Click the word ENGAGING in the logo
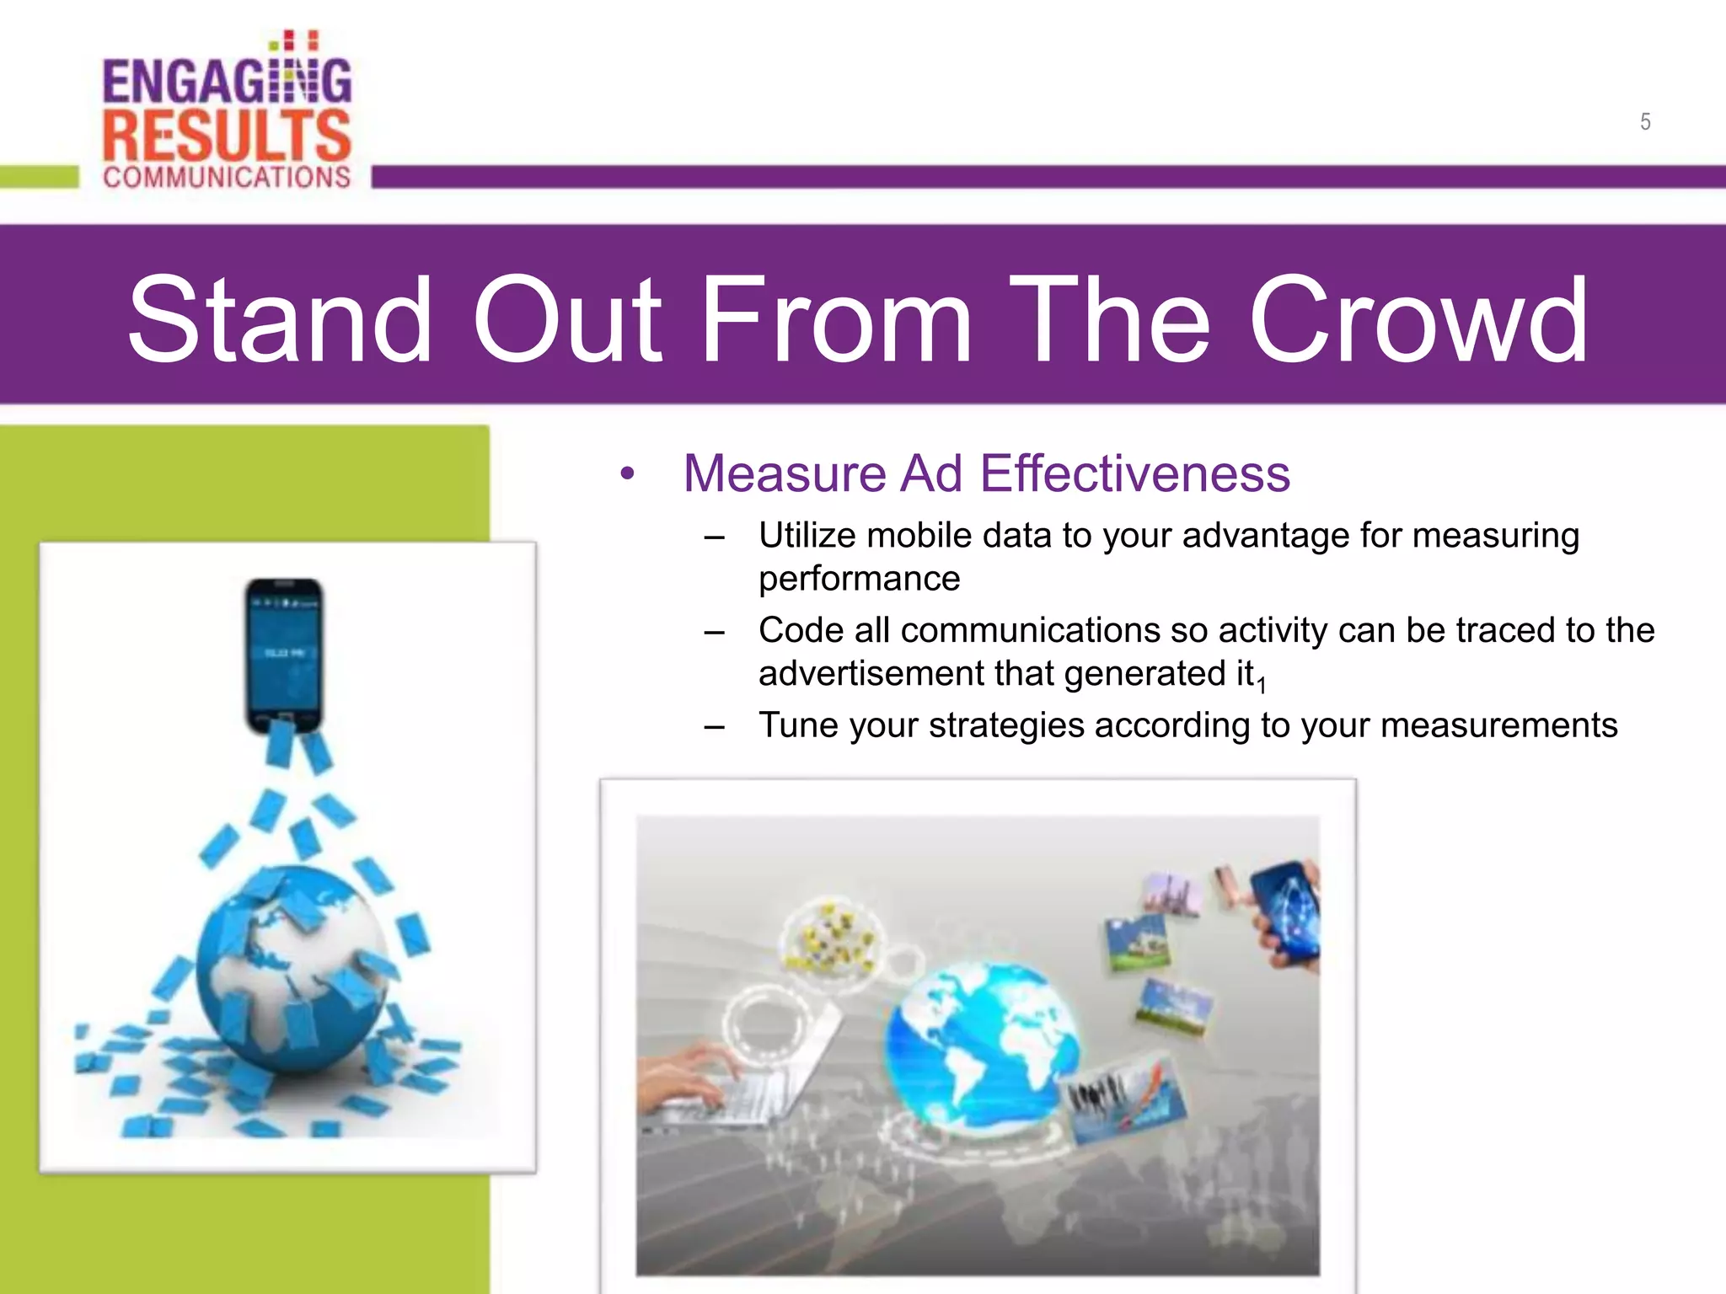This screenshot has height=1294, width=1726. (226, 81)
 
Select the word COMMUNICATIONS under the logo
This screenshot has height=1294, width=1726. (226, 177)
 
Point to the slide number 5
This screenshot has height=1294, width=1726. (1644, 122)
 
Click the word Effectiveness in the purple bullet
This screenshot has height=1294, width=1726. (1134, 473)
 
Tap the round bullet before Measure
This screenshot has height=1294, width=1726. (626, 474)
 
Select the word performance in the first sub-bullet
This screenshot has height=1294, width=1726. (859, 579)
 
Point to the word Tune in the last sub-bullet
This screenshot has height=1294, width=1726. (797, 725)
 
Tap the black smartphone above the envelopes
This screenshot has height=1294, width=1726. (284, 655)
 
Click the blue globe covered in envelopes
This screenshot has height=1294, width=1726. (287, 969)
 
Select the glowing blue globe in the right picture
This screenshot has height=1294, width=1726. (982, 1045)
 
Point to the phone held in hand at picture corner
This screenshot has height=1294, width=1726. (1285, 914)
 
